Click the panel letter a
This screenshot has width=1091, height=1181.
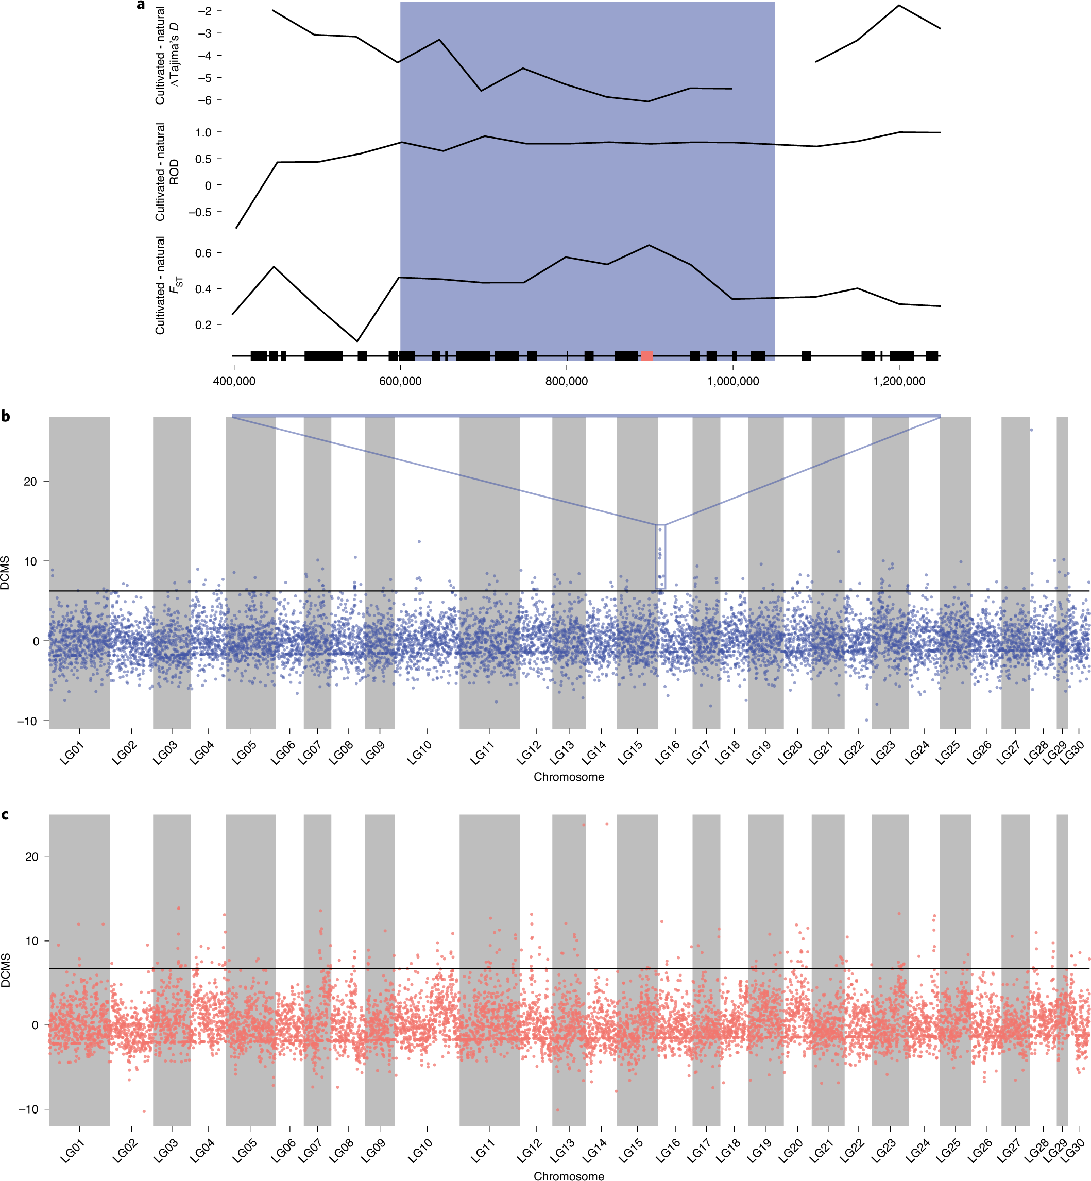pos(141,5)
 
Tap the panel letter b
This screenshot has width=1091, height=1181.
pos(6,417)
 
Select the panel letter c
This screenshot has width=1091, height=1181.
pos(5,815)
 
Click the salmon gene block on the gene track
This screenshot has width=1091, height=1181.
pos(646,355)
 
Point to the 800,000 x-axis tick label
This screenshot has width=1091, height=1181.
pos(566,381)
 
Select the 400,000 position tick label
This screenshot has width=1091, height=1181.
pos(234,381)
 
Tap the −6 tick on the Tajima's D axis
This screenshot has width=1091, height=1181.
pos(205,100)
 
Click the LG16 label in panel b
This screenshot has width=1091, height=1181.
pos(668,753)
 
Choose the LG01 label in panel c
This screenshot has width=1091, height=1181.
pos(73,1152)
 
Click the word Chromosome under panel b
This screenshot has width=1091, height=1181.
pos(569,777)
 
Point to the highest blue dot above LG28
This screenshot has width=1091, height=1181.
pos(1031,430)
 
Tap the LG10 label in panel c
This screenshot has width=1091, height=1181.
pos(420,1152)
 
